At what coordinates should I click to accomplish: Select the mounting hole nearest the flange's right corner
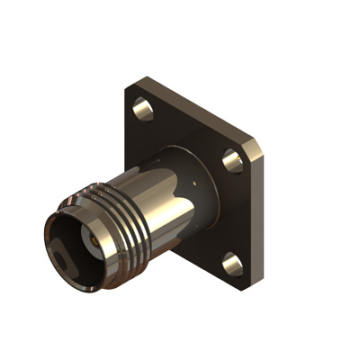[x=233, y=161]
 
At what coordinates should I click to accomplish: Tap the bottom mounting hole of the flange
[x=231, y=264]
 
